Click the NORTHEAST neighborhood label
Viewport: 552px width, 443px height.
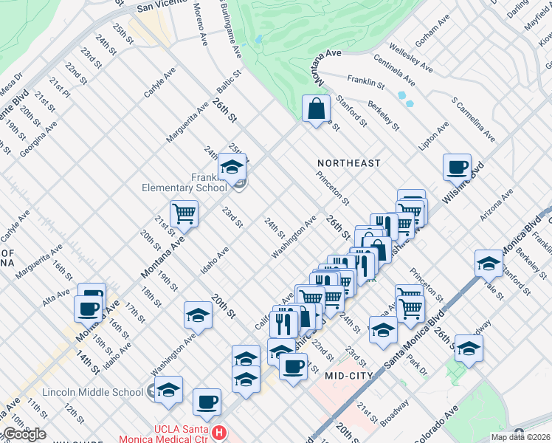pos(349,162)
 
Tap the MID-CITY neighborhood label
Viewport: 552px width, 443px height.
pos(351,376)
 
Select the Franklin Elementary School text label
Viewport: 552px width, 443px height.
pos(184,182)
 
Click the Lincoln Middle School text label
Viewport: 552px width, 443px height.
pos(92,392)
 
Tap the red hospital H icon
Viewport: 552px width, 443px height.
pos(218,430)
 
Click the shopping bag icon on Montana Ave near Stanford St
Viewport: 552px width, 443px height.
pos(316,109)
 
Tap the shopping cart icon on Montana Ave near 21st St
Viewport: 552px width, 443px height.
pos(184,214)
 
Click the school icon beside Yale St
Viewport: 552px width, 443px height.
pos(488,263)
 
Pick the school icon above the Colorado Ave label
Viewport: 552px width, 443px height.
pos(469,348)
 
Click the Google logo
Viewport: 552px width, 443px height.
pos(24,434)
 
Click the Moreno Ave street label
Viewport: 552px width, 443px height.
pos(201,22)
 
